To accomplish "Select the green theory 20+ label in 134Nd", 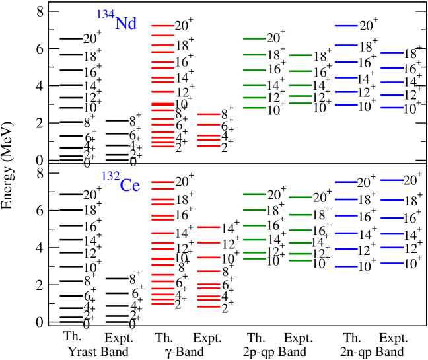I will tap(276, 38).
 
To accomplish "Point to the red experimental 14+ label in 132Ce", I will tap(231, 228).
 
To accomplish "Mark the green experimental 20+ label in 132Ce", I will tap(322, 197).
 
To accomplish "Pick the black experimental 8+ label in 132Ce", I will tap(136, 279).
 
